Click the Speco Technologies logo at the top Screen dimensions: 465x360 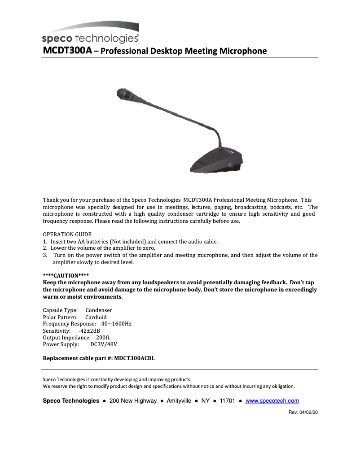tap(90, 34)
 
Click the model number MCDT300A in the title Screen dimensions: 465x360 tap(67, 51)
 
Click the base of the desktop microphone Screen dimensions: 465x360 tap(215, 161)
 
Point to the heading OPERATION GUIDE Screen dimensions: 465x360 tap(67, 235)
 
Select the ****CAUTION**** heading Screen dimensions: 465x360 tap(66, 275)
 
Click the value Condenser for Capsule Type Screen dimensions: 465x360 tap(99, 310)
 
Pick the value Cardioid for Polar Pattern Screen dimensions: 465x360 tap(96, 317)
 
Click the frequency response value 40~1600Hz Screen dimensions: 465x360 tap(116, 324)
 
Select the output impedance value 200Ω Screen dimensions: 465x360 tap(104, 337)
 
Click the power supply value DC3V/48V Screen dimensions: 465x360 tap(104, 344)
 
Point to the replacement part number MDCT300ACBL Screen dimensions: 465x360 tap(135, 358)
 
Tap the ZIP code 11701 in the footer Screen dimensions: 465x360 tap(227, 401)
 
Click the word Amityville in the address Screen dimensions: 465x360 tap(179, 401)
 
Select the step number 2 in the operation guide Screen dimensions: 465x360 tap(45, 248)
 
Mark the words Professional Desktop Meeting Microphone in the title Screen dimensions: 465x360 tap(183, 51)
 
